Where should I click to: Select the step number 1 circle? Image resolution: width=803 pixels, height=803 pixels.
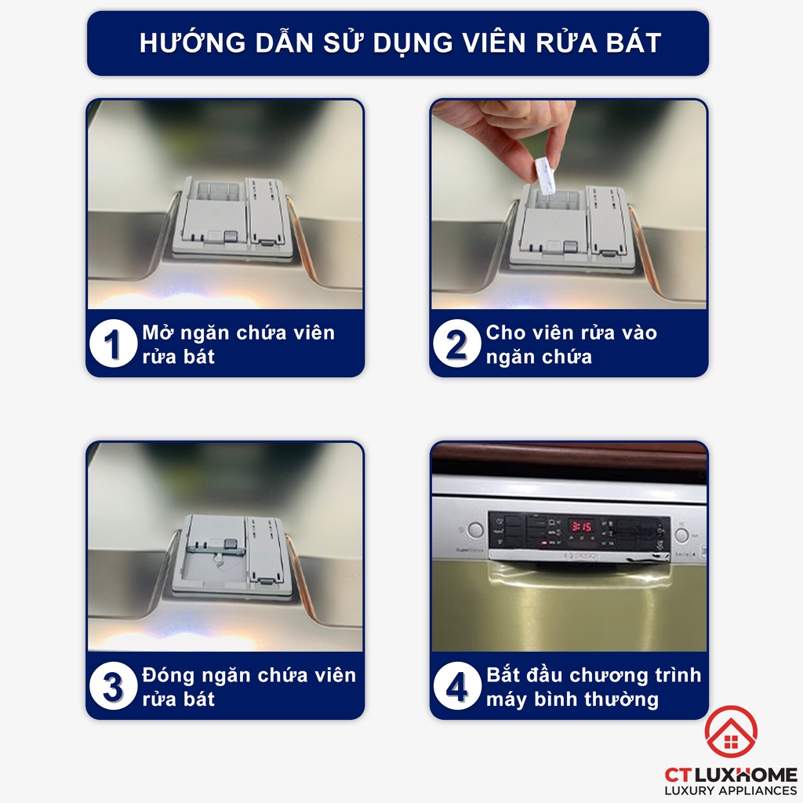pyautogui.click(x=113, y=343)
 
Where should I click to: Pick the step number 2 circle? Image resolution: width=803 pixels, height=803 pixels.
pyautogui.click(x=457, y=343)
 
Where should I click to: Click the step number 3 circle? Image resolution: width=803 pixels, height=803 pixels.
pyautogui.click(x=113, y=685)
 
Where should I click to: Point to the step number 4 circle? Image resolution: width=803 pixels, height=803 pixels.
pyautogui.click(x=457, y=685)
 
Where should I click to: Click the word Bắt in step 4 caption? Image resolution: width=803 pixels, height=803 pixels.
pyautogui.click(x=503, y=674)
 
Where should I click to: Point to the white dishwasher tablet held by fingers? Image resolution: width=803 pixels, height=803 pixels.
pyautogui.click(x=545, y=176)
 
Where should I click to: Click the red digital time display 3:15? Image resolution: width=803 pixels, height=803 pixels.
pyautogui.click(x=581, y=526)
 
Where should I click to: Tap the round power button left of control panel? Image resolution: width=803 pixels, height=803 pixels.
pyautogui.click(x=475, y=529)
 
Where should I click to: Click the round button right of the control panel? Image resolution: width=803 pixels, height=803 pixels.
pyautogui.click(x=681, y=534)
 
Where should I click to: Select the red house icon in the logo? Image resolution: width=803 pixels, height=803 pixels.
pyautogui.click(x=731, y=732)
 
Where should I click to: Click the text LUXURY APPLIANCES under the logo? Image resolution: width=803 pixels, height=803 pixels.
pyautogui.click(x=731, y=790)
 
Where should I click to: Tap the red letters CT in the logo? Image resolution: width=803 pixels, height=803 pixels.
pyautogui.click(x=677, y=775)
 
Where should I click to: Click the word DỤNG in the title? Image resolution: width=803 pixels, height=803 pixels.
pyautogui.click(x=412, y=43)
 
